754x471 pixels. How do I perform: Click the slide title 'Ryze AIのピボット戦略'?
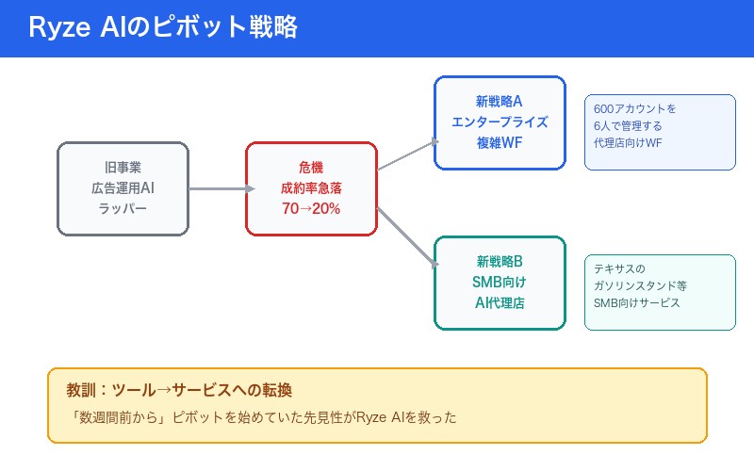pyautogui.click(x=162, y=28)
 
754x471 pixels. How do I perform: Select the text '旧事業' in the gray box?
pyautogui.click(x=123, y=167)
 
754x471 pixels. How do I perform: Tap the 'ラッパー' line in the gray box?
pyautogui.click(x=123, y=208)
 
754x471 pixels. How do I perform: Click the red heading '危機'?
pyautogui.click(x=311, y=167)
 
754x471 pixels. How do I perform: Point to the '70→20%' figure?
pyautogui.click(x=311, y=208)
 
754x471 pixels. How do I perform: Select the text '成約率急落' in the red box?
pyautogui.click(x=311, y=187)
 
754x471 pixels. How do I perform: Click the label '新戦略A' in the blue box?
pyautogui.click(x=500, y=101)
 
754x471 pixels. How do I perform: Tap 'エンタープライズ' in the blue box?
pyautogui.click(x=500, y=122)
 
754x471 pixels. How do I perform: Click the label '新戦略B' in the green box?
pyautogui.click(x=500, y=261)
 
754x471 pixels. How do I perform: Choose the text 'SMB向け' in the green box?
pyautogui.click(x=500, y=282)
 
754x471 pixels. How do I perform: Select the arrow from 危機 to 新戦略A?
pyautogui.click(x=407, y=155)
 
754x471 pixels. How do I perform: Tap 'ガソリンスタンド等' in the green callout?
pyautogui.click(x=642, y=285)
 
